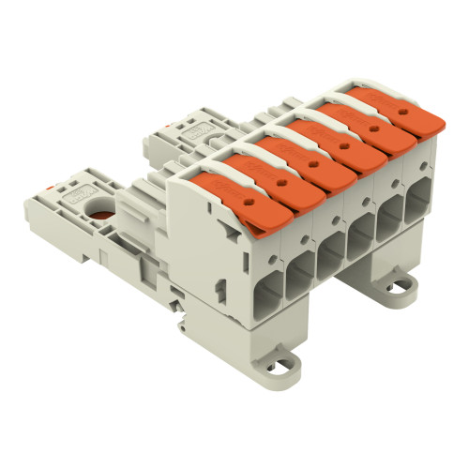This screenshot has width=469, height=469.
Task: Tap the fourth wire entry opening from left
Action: coord(362,238)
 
